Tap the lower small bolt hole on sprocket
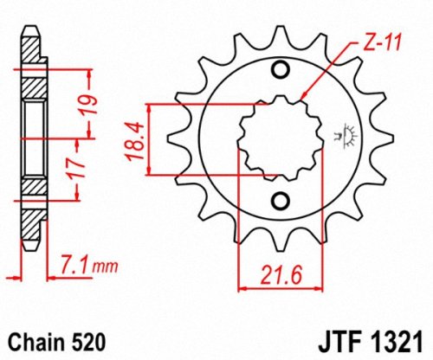[x=280, y=201]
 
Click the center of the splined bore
[x=280, y=136]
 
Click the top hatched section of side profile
[x=31, y=87]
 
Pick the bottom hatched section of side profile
[x=31, y=185]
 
